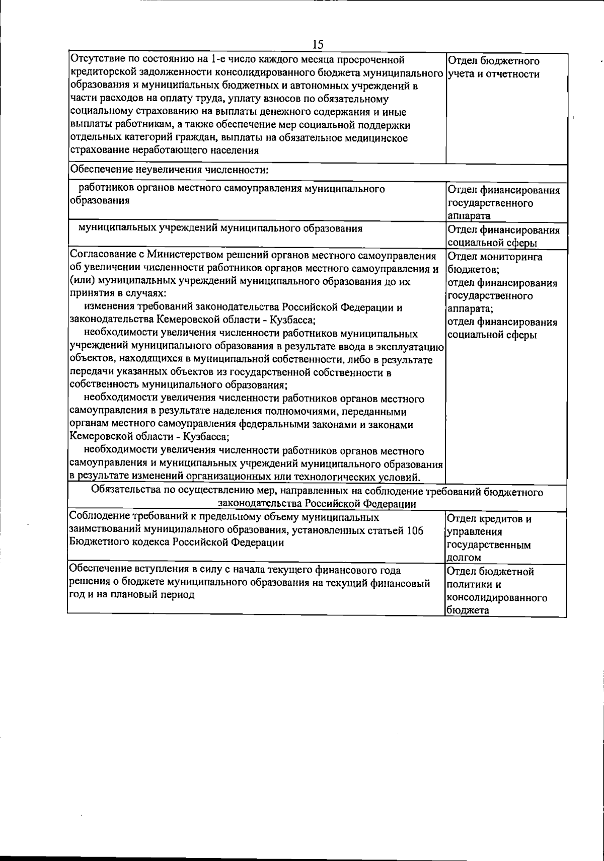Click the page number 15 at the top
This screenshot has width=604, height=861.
(318, 44)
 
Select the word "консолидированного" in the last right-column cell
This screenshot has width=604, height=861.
(497, 598)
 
